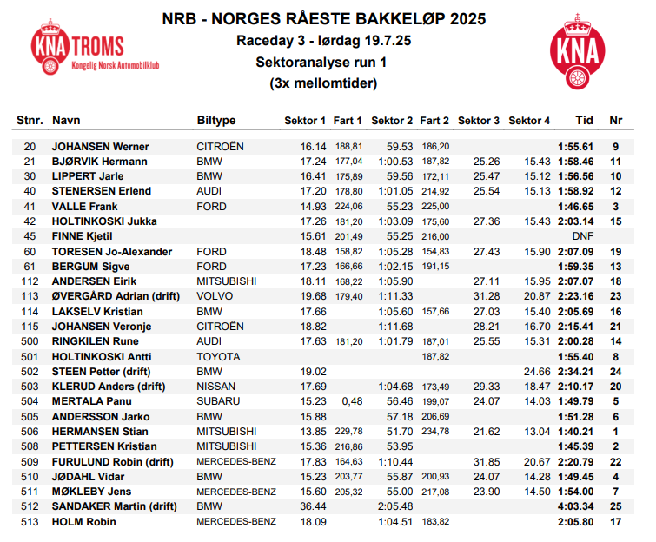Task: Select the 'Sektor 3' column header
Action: (x=479, y=121)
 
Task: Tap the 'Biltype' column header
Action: (x=216, y=121)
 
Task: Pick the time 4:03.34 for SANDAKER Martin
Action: (x=575, y=507)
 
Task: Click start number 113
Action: (x=30, y=296)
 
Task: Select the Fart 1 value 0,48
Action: (x=352, y=401)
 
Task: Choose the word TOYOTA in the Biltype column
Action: (x=218, y=356)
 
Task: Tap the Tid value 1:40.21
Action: (x=575, y=432)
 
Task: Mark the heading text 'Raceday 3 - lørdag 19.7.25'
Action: (x=322, y=41)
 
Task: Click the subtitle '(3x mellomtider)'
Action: (x=322, y=84)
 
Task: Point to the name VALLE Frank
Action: (x=85, y=207)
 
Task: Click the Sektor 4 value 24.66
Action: (x=537, y=372)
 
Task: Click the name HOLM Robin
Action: (x=83, y=522)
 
